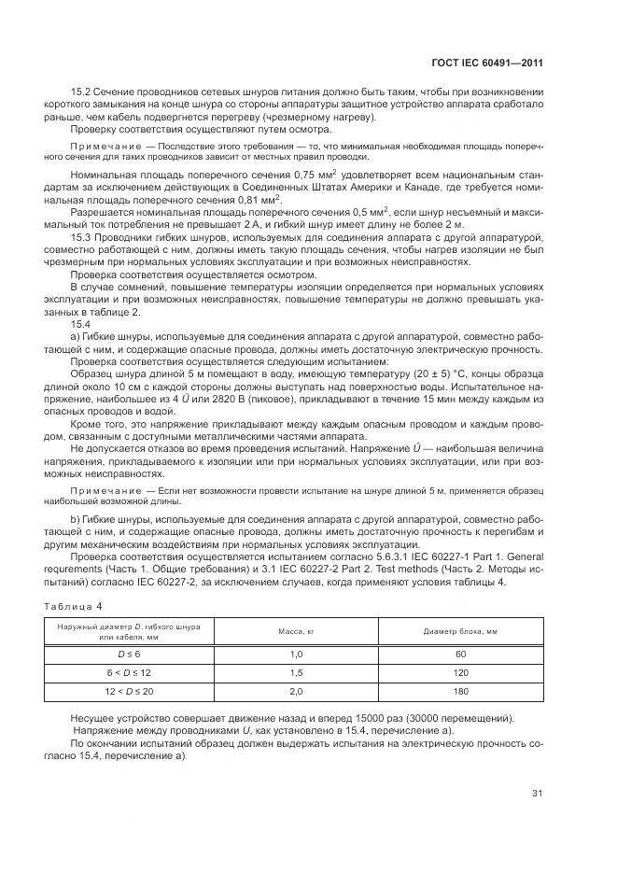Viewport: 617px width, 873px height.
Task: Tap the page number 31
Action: click(537, 794)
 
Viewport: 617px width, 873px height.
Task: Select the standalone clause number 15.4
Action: click(81, 322)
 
